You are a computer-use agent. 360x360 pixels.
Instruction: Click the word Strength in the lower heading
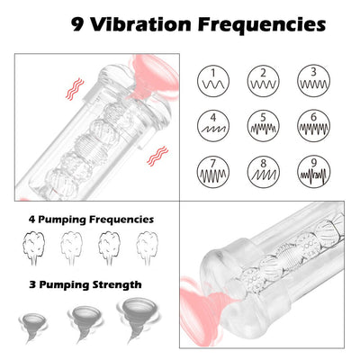tap(116, 284)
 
